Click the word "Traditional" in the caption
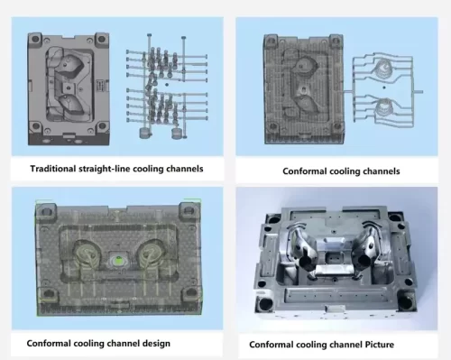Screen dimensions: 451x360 (x=53, y=169)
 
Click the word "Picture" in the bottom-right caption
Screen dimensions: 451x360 (x=380, y=345)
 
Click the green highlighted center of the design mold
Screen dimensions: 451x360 (x=118, y=260)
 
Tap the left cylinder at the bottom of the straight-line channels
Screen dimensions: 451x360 (x=145, y=133)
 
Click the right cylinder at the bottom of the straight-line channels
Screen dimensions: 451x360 (x=177, y=134)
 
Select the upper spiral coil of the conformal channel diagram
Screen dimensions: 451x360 (x=382, y=68)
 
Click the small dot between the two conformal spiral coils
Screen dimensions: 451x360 (x=384, y=88)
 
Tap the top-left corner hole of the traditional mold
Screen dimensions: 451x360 (x=35, y=40)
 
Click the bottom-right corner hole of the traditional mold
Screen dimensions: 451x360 (x=102, y=125)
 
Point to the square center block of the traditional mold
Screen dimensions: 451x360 (x=69, y=88)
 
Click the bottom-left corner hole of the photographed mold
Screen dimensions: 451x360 (x=266, y=304)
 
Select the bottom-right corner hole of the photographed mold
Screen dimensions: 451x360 (x=406, y=302)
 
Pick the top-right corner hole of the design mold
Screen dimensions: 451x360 (x=189, y=211)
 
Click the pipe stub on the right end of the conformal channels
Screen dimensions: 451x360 (x=419, y=92)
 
